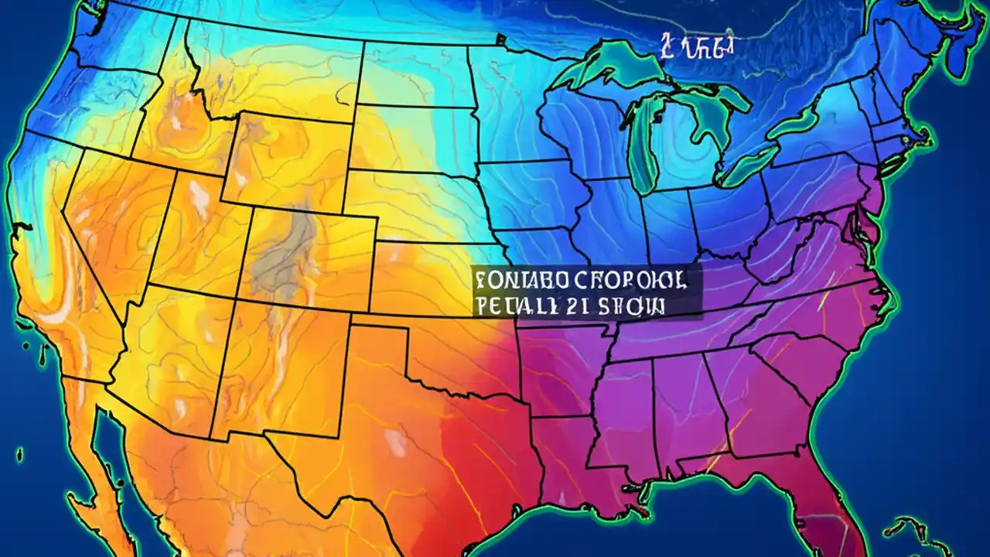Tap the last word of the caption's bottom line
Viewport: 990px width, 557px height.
coord(634,305)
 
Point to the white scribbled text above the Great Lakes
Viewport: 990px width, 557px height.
coord(696,46)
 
